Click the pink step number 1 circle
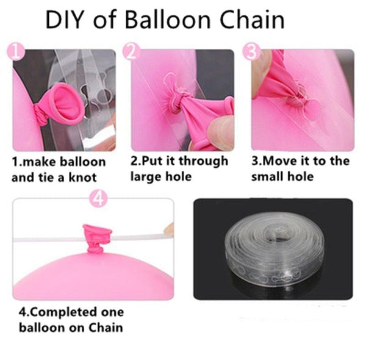coord(18,52)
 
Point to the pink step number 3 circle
coord(251,52)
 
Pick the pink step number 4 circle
coord(99,198)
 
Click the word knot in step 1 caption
coord(88,178)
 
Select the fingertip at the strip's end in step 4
coord(168,229)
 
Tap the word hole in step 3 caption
coord(301,177)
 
